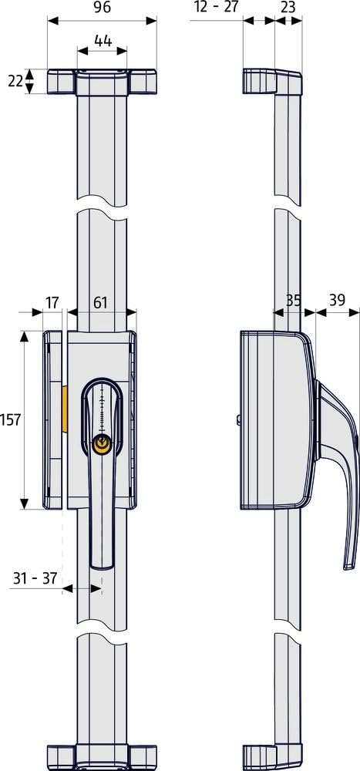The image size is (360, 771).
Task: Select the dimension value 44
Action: click(103, 39)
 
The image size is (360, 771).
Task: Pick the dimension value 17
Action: click(52, 302)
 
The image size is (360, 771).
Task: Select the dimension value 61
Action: click(101, 302)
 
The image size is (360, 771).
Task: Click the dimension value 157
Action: click(11, 419)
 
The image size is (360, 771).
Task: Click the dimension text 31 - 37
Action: click(35, 578)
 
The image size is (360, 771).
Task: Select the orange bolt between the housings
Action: click(66, 409)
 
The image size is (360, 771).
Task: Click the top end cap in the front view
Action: click(103, 81)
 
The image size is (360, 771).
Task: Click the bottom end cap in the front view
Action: click(103, 759)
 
